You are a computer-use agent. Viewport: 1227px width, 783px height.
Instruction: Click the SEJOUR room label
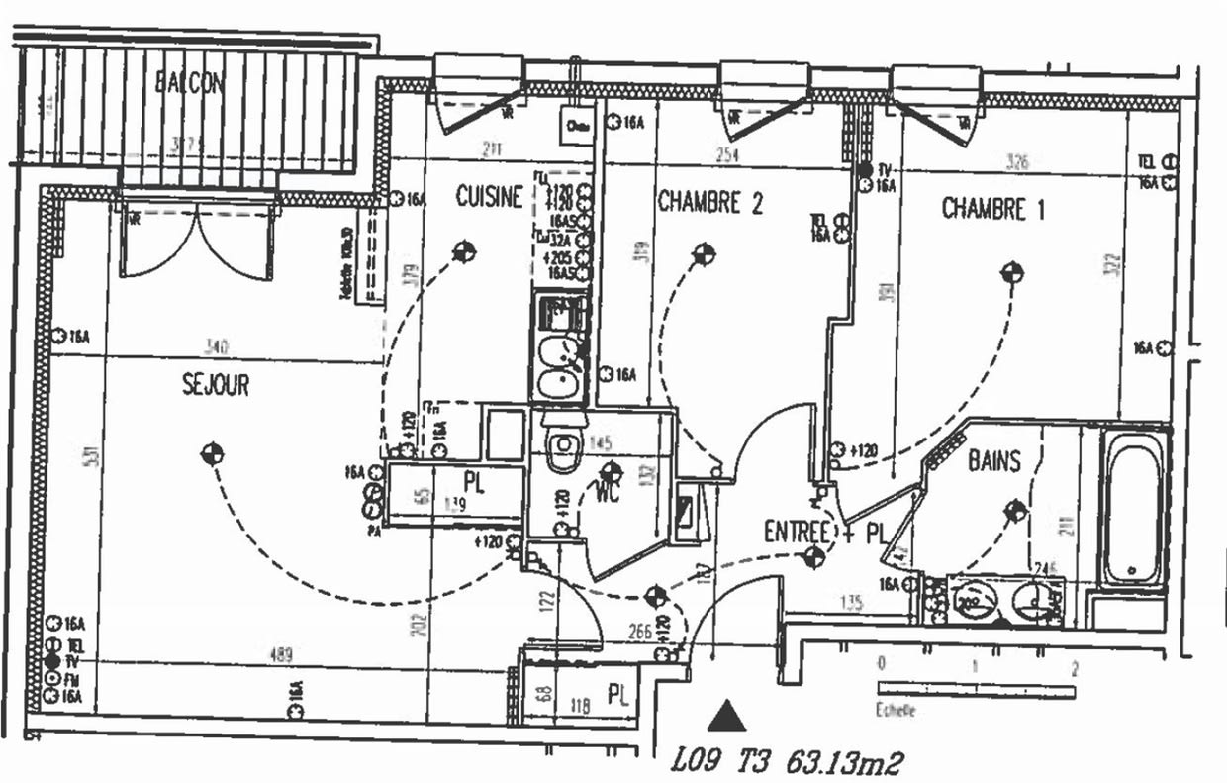(x=216, y=384)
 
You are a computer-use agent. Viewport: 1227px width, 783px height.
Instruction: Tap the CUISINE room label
(x=489, y=197)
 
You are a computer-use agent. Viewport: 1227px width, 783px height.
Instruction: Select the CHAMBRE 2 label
(x=710, y=203)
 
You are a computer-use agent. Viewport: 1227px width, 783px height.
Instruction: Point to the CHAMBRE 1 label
(x=992, y=209)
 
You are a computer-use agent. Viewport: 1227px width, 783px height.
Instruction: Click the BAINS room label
(x=994, y=460)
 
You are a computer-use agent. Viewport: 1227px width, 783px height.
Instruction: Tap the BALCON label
(x=190, y=83)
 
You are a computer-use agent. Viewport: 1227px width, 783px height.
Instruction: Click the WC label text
(x=608, y=492)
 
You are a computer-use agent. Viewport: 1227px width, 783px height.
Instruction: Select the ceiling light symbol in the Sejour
(x=211, y=454)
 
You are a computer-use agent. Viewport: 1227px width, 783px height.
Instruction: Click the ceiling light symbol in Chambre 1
(x=1011, y=271)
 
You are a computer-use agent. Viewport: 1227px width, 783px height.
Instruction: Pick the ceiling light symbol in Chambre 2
(x=703, y=254)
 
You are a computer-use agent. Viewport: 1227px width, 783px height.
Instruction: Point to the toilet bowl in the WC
(x=563, y=448)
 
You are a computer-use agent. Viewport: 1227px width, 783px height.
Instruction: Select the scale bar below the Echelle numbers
(x=976, y=689)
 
